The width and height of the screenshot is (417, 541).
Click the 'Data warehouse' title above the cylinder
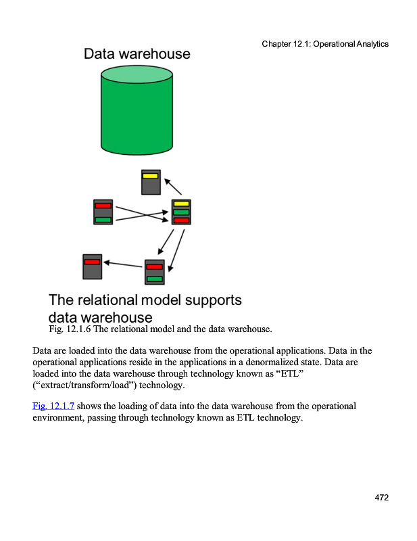(137, 54)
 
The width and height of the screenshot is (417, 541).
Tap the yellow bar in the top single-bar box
(151, 176)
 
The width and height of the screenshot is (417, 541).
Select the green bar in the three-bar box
(181, 212)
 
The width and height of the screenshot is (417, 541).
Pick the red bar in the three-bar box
(181, 220)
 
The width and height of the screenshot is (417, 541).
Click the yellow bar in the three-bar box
(181, 204)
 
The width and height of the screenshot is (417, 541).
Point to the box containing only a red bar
(92, 266)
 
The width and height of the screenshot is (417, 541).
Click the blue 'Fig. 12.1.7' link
(53, 406)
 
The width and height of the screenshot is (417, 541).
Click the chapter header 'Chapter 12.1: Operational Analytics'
(325, 44)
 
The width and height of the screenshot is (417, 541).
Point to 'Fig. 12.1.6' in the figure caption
(70, 329)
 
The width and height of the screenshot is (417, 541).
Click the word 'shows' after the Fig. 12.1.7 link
(89, 406)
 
